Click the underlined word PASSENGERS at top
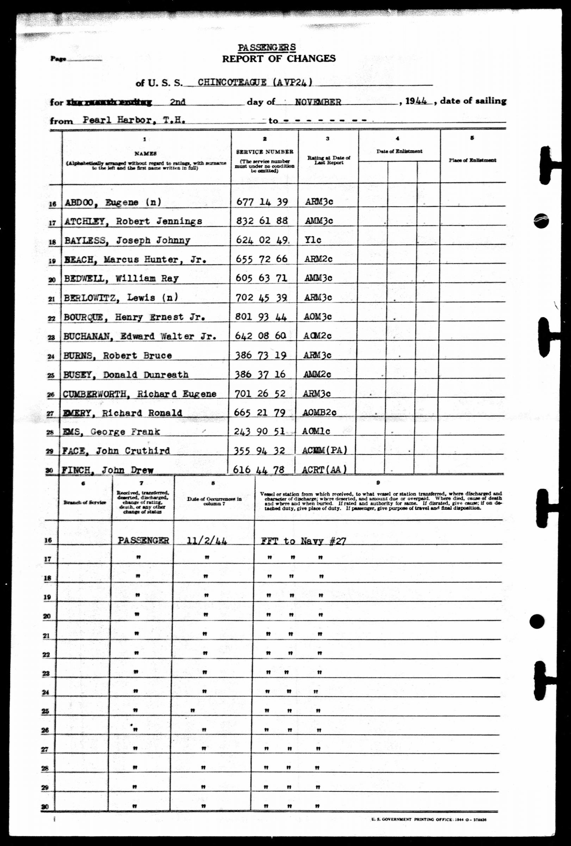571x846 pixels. (267, 48)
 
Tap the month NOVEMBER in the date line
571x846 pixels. (318, 102)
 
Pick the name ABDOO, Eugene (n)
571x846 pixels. (113, 202)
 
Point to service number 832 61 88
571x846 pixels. (262, 221)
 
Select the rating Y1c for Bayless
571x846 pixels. (313, 240)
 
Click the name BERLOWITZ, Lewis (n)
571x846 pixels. (121, 298)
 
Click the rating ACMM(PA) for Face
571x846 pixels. (324, 450)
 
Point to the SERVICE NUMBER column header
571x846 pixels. (265, 152)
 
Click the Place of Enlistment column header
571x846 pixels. (472, 160)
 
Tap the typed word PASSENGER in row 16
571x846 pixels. (143, 541)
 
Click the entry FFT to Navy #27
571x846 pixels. (303, 541)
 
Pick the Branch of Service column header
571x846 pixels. (85, 502)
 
